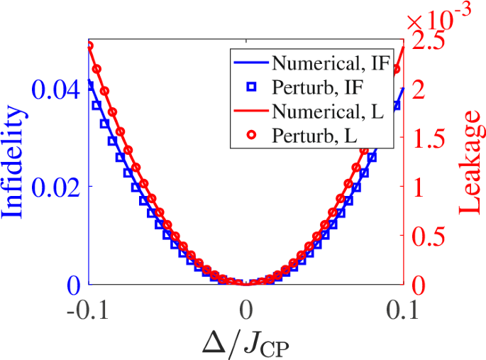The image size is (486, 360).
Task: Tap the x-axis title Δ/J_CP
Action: pyautogui.click(x=246, y=342)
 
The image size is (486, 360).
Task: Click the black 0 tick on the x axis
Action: pyautogui.click(x=246, y=311)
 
